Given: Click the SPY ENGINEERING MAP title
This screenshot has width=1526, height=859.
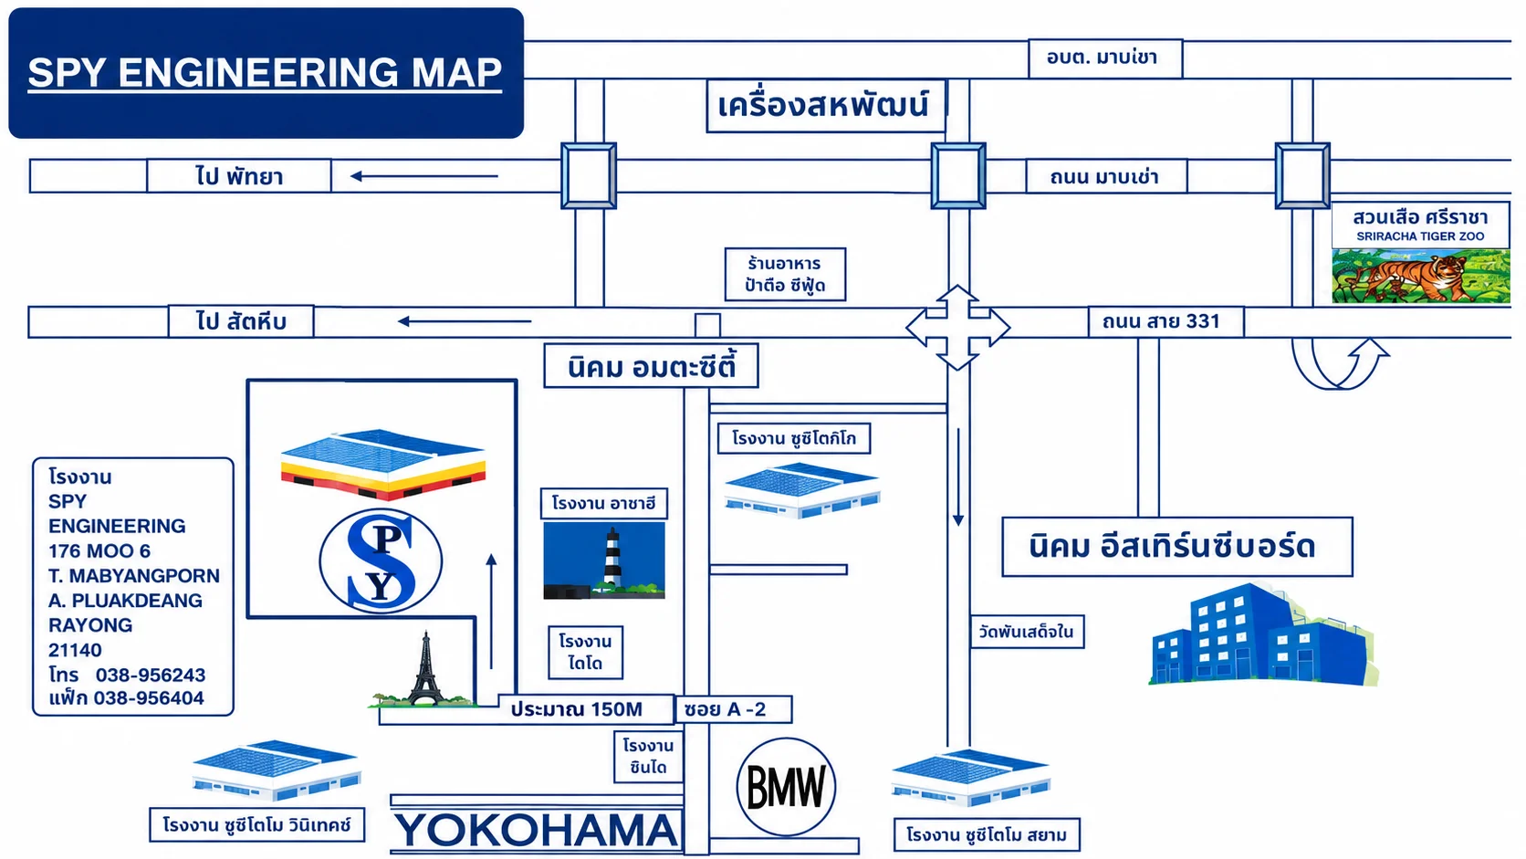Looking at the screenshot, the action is tap(265, 72).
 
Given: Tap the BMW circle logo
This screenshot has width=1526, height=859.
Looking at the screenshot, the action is tap(786, 787).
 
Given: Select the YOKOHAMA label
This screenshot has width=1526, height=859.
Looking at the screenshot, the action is tap(537, 831).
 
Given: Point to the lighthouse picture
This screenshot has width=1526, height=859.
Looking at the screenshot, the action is tap(604, 560).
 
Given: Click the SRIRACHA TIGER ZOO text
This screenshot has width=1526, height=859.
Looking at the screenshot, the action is tap(1420, 236).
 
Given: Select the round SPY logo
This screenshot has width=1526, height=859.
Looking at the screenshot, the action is tap(381, 561).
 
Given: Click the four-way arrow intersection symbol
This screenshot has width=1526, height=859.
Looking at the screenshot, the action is tap(957, 328).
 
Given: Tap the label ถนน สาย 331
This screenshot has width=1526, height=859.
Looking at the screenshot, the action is tap(1161, 320).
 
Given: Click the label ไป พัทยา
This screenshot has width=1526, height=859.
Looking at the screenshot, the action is tap(239, 176).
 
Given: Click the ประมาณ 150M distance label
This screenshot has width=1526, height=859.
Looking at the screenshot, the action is tap(576, 709).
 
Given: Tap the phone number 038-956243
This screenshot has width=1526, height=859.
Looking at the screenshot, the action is tap(151, 676).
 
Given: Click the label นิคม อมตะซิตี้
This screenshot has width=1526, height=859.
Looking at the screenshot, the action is tap(652, 366).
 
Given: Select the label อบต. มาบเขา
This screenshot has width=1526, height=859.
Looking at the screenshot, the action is tap(1103, 58).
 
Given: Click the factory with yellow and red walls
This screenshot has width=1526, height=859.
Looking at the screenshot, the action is tap(383, 465).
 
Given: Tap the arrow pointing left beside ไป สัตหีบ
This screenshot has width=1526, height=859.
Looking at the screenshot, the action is tap(465, 320).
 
